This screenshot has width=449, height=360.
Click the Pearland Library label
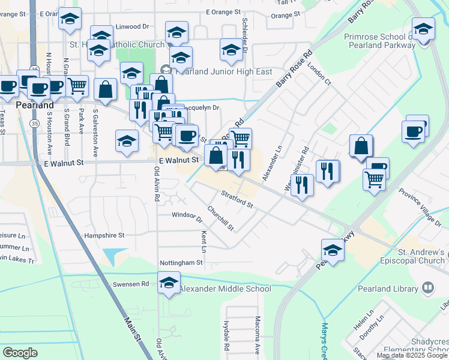(x=387, y=289)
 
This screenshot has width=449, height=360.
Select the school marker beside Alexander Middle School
(x=169, y=283)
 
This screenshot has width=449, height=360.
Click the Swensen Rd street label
(x=137, y=284)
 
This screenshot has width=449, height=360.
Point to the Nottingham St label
(x=181, y=263)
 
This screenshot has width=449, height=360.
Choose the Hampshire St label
(x=104, y=236)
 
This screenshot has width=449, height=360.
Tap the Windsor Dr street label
(x=187, y=215)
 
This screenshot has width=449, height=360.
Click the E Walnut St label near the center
(x=179, y=160)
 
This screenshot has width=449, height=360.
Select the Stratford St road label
(x=237, y=199)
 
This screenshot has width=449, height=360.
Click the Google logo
(x=20, y=352)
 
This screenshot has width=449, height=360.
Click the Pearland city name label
(x=15, y=104)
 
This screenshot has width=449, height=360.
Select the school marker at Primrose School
(x=423, y=30)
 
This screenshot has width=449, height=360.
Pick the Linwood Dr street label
(x=132, y=27)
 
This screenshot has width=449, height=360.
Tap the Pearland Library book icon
(x=428, y=289)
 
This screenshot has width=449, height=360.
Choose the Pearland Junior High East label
(x=222, y=71)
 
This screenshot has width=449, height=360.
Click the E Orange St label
(x=223, y=12)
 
